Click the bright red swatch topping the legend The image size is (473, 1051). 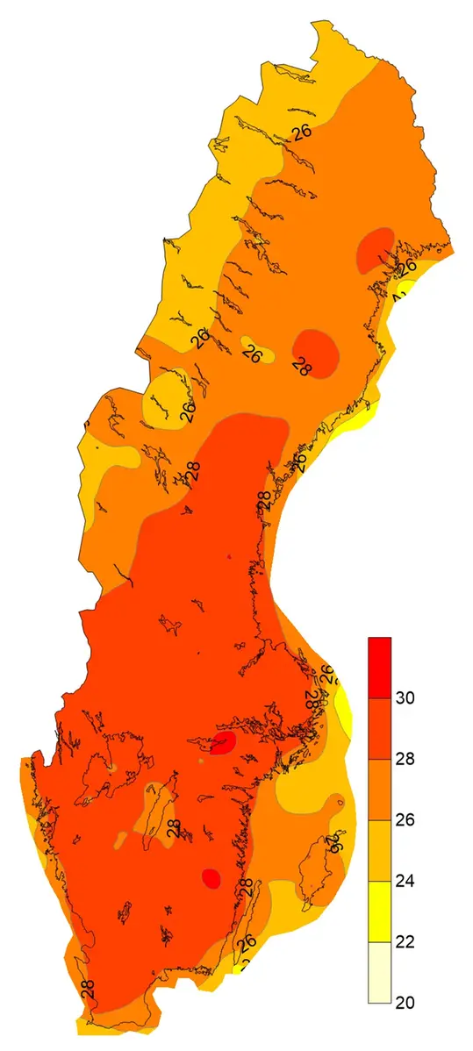[x=379, y=667]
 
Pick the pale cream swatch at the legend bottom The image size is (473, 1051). [x=379, y=971]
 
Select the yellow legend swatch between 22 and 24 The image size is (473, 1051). [x=379, y=911]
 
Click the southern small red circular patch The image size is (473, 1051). [x=211, y=877]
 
